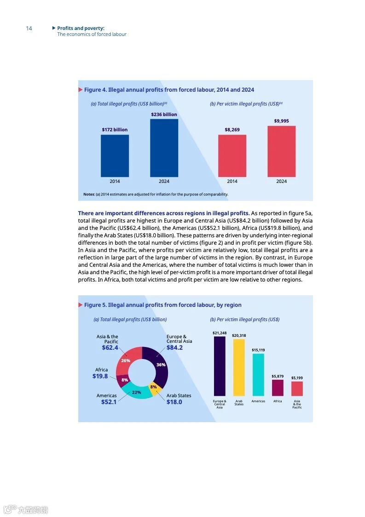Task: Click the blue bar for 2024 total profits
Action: click(x=164, y=147)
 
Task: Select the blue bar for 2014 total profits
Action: click(x=115, y=155)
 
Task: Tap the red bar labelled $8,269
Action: click(x=232, y=155)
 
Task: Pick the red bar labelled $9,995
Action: click(x=281, y=151)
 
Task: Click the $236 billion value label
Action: click(x=164, y=114)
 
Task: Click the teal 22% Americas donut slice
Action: click(x=136, y=392)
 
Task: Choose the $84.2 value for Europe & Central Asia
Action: click(x=174, y=348)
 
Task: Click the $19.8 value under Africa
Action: click(x=100, y=376)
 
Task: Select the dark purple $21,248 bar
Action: click(x=220, y=366)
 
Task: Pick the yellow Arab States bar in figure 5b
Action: click(x=239, y=367)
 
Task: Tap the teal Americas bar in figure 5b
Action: click(x=258, y=375)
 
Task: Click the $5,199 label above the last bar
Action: click(x=297, y=378)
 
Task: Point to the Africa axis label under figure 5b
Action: click(x=278, y=401)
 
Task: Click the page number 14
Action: click(x=29, y=29)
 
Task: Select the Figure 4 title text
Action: click(x=169, y=90)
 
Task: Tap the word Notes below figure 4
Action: click(x=89, y=194)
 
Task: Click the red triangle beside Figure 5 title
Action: click(x=81, y=305)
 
